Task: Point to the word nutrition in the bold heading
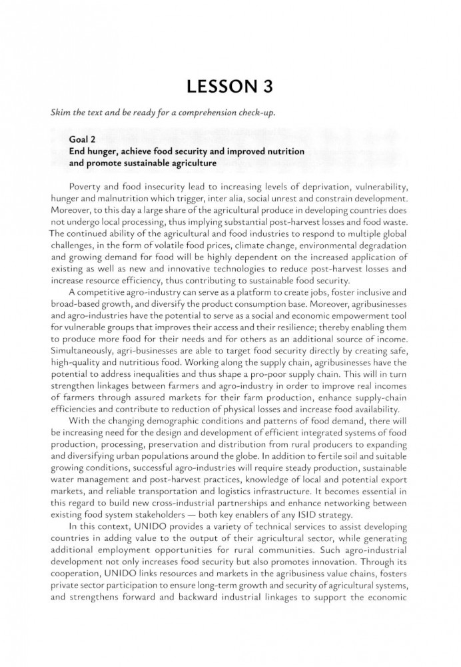[x=282, y=152]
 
